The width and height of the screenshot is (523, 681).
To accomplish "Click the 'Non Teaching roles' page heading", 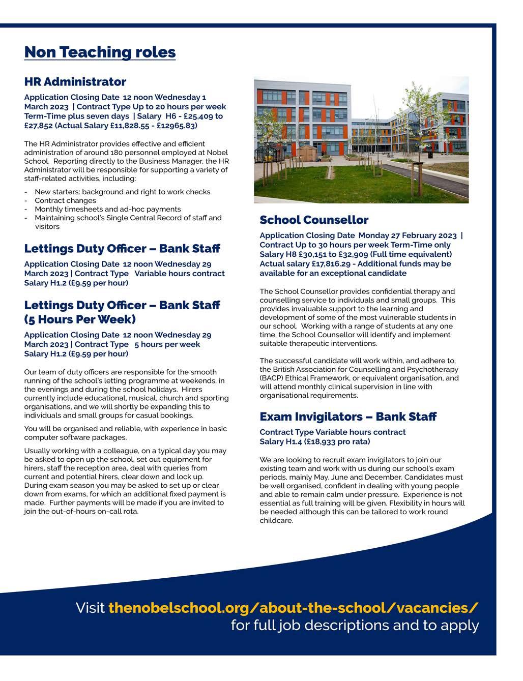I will pyautogui.click(x=100, y=52).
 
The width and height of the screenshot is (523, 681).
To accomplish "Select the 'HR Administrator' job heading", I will pyautogui.click(x=75, y=82).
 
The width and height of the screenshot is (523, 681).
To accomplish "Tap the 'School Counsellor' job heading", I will pyautogui.click(x=313, y=220).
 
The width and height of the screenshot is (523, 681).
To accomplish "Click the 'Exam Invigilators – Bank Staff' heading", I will pyautogui.click(x=347, y=417).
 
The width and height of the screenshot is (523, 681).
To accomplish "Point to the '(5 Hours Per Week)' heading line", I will pyautogui.click(x=80, y=319).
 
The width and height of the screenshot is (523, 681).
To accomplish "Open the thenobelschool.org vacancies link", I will pyautogui.click(x=293, y=608).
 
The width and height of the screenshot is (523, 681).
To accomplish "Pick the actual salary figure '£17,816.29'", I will pyautogui.click(x=333, y=263).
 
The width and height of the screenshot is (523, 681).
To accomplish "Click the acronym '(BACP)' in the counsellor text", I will pyautogui.click(x=271, y=378).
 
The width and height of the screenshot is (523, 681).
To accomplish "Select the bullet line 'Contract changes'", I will pyautogui.click(x=65, y=200).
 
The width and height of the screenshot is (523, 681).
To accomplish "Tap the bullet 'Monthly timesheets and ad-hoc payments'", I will pyautogui.click(x=107, y=209).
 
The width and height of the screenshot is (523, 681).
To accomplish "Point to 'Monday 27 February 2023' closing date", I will pyautogui.click(x=407, y=235).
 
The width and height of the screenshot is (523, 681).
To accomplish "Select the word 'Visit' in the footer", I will pyautogui.click(x=90, y=608).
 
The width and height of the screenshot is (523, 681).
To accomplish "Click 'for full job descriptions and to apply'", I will pyautogui.click(x=355, y=625).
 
